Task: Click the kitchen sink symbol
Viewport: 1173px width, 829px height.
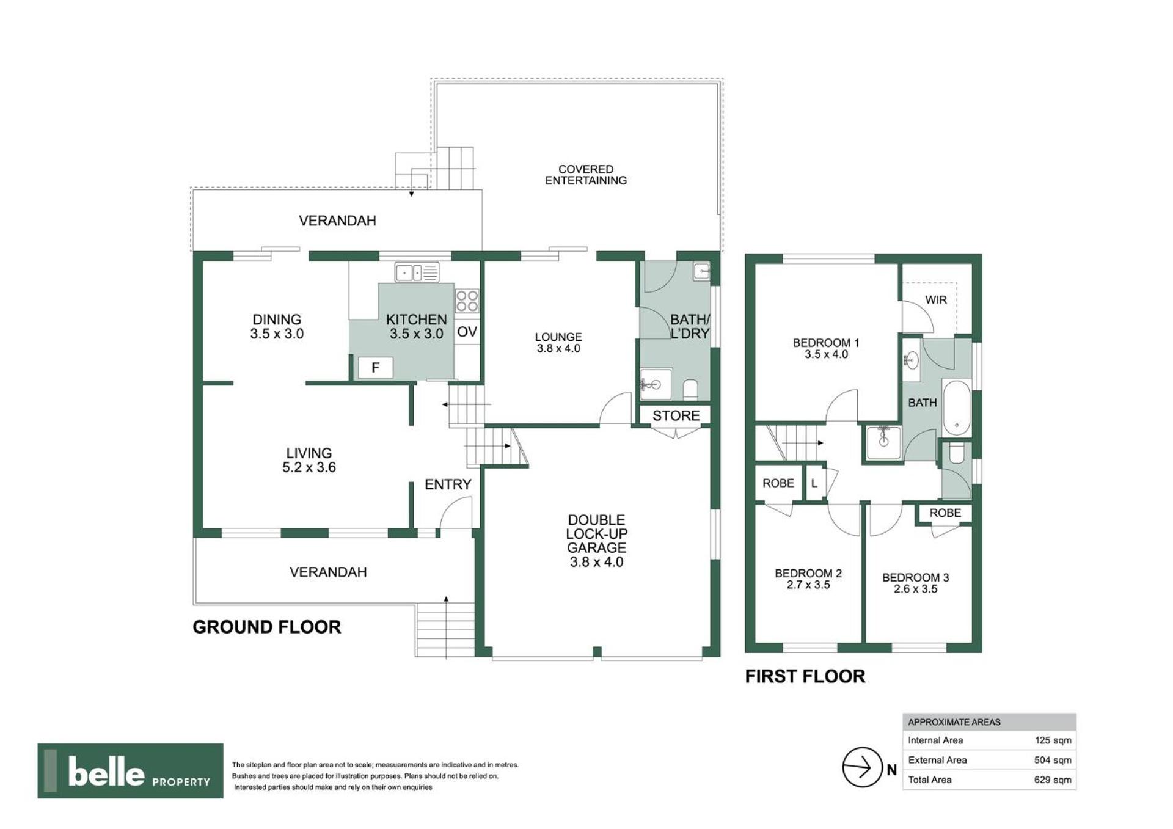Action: [417, 272]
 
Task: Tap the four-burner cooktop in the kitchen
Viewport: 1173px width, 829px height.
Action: [467, 301]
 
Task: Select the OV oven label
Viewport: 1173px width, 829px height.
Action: [467, 332]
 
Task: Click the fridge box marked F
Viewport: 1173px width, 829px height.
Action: [375, 367]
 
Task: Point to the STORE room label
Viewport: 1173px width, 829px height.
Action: [676, 415]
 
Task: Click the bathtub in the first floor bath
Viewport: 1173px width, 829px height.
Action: [957, 407]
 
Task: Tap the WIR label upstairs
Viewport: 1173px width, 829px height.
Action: [936, 300]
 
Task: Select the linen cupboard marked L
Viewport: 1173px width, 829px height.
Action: [814, 483]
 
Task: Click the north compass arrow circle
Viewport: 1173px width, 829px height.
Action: [862, 767]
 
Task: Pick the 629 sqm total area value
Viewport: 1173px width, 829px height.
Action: [1053, 780]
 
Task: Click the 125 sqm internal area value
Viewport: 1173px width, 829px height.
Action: [1053, 740]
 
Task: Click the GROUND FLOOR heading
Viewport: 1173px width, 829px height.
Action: [267, 627]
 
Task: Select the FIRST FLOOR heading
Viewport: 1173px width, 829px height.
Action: [805, 676]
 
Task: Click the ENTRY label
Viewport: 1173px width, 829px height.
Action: [448, 484]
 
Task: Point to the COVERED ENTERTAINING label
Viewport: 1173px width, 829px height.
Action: [586, 175]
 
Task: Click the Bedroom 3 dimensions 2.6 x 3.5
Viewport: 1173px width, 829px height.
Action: [915, 589]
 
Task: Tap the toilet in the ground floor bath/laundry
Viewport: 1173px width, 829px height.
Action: [690, 389]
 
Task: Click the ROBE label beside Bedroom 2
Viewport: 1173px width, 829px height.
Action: [778, 483]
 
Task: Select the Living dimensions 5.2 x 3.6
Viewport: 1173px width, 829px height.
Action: [309, 467]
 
